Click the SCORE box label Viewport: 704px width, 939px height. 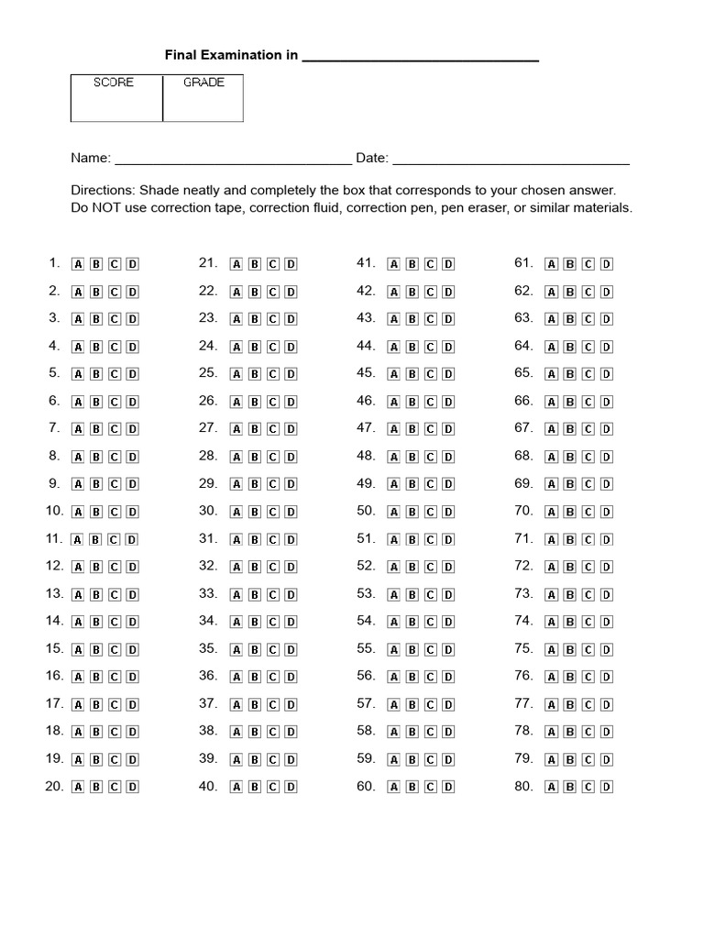click(114, 83)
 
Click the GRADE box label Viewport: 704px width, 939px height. click(203, 83)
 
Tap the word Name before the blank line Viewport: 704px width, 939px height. click(91, 158)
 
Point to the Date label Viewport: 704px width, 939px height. click(371, 158)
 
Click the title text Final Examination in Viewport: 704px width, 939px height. click(231, 55)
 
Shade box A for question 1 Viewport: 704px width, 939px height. click(78, 264)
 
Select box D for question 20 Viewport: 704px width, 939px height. click(132, 787)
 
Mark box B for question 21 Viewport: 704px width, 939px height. click(254, 264)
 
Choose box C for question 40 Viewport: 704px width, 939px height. click(272, 787)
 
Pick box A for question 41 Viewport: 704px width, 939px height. click(394, 264)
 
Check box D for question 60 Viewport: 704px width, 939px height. click(448, 787)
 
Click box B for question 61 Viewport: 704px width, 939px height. click(569, 264)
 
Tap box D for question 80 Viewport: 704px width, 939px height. click(606, 787)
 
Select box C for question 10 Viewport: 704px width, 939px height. click(114, 512)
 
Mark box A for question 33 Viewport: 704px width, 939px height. click(236, 594)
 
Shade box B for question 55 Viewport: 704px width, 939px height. click(412, 649)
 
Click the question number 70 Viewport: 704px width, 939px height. click(523, 511)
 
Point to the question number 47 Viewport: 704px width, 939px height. click(366, 428)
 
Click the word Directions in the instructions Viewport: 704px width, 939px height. click(102, 190)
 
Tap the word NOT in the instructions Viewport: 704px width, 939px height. click(107, 208)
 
